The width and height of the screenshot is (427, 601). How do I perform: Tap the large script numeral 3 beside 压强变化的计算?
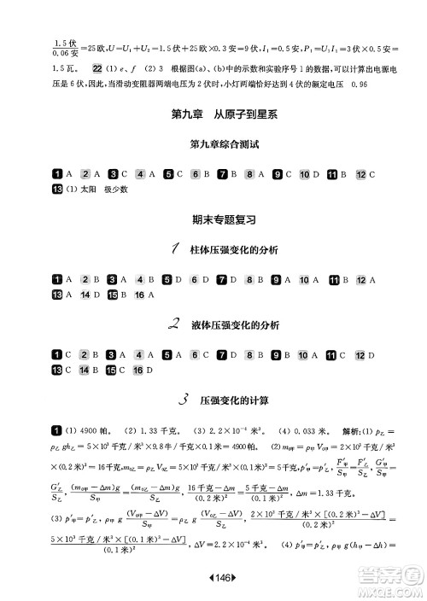(184, 398)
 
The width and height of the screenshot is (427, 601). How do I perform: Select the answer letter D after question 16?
(150, 369)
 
